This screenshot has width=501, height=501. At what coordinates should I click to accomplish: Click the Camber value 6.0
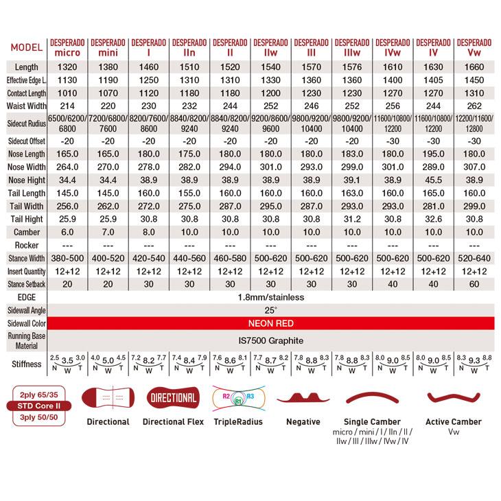coord(68,233)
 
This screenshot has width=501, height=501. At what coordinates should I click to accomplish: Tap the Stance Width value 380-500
coord(68,258)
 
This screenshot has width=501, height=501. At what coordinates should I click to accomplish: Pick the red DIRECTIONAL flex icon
coord(172,398)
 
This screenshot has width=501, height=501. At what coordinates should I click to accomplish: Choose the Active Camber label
coord(454,421)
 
